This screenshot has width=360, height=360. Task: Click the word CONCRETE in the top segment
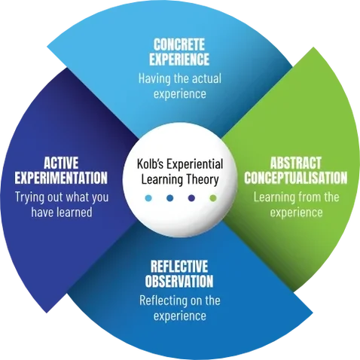pyautogui.click(x=179, y=45)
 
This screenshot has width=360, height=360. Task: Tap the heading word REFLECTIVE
pyautogui.click(x=179, y=267)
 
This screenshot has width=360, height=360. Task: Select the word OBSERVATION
pyautogui.click(x=179, y=281)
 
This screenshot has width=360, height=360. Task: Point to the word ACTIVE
pyautogui.click(x=61, y=163)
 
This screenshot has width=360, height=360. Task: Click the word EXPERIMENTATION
pyautogui.click(x=61, y=178)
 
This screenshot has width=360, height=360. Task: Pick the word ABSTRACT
pyautogui.click(x=296, y=163)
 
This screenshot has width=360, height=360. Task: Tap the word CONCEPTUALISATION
pyautogui.click(x=296, y=178)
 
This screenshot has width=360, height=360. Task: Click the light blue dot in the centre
pyautogui.click(x=148, y=198)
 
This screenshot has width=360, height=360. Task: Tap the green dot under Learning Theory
pyautogui.click(x=213, y=198)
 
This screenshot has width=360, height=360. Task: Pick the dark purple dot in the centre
pyautogui.click(x=191, y=198)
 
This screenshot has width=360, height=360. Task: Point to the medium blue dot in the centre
pyautogui.click(x=170, y=198)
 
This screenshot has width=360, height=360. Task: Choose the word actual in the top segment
pyautogui.click(x=207, y=78)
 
